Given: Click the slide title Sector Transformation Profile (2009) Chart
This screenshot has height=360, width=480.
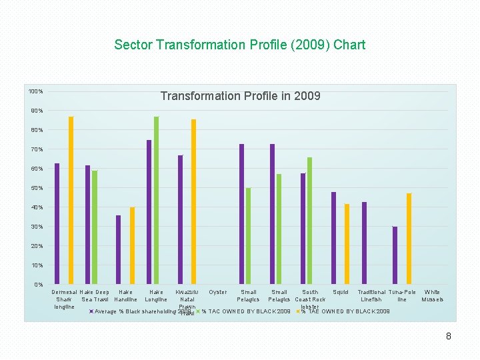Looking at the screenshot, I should pyautogui.click(x=240, y=45).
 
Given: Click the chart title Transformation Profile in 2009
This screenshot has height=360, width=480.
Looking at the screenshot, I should pyautogui.click(x=240, y=96).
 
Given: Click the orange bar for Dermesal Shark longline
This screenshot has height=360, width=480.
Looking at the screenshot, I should pyautogui.click(x=71, y=200).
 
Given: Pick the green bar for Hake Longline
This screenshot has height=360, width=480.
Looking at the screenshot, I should pyautogui.click(x=156, y=200).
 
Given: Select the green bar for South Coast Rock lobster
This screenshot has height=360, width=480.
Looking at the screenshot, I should pyautogui.click(x=310, y=221).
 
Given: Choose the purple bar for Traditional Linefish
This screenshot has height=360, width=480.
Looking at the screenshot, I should pyautogui.click(x=364, y=243).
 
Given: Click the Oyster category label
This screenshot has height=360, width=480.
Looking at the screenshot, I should pyautogui.click(x=218, y=292).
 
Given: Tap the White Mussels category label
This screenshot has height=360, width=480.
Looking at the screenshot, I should pyautogui.click(x=432, y=295).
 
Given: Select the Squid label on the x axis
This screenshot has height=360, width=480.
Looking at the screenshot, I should pyautogui.click(x=341, y=292).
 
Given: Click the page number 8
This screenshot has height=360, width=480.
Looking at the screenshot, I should pyautogui.click(x=449, y=337).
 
